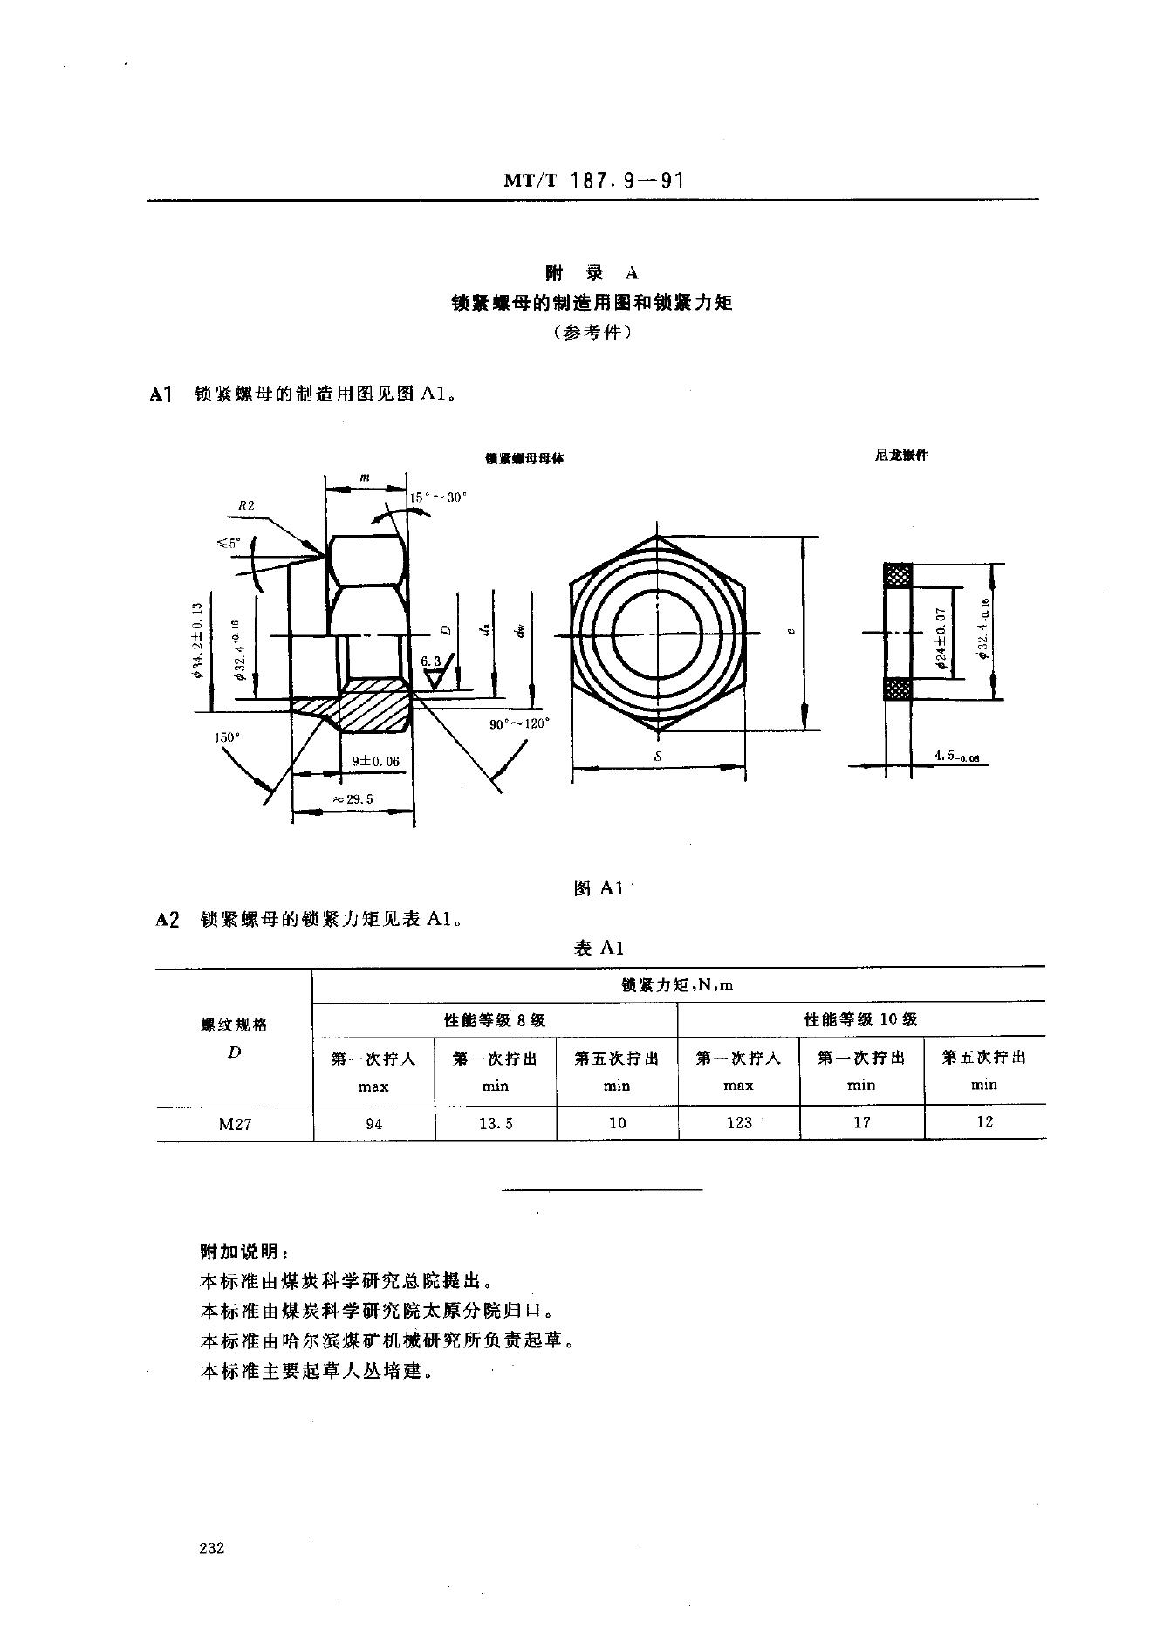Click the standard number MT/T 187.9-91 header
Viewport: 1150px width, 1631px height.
(592, 181)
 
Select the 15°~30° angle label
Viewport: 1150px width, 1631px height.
(439, 497)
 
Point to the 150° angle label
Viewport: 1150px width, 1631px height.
(227, 737)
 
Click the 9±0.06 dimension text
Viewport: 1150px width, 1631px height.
(375, 761)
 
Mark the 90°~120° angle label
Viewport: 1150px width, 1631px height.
(521, 723)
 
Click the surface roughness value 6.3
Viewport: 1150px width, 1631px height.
(431, 661)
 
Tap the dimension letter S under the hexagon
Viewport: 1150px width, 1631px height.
(657, 757)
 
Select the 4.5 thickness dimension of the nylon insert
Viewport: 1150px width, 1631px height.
(956, 757)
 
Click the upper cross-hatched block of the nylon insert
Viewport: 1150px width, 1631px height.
(898, 575)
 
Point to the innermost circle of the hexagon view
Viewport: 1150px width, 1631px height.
(657, 632)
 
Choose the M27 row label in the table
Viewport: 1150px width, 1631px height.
(235, 1124)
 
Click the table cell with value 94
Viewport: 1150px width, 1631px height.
(373, 1123)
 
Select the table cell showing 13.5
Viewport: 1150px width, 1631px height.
(495, 1123)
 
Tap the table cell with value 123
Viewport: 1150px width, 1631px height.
(738, 1122)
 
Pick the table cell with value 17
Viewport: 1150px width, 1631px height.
(861, 1122)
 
